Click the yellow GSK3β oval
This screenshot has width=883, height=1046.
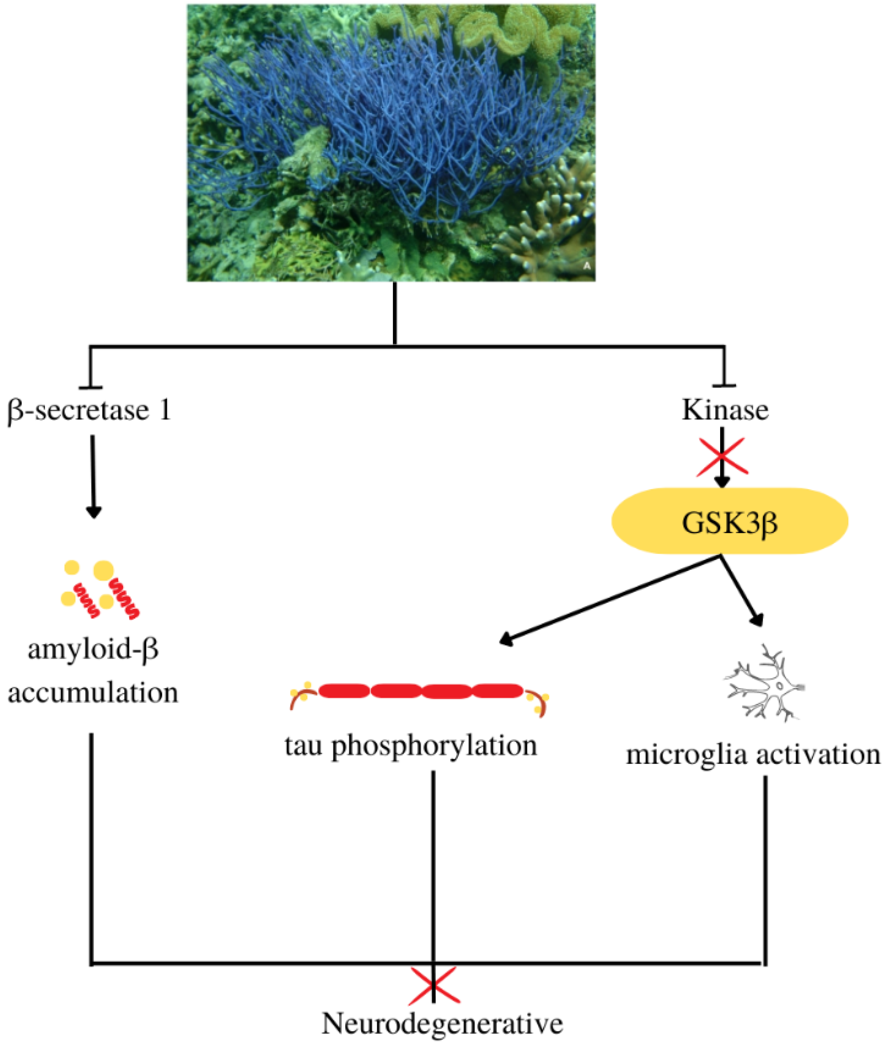[729, 521]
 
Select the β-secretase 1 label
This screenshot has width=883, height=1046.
[89, 410]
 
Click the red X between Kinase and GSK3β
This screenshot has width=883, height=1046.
[721, 456]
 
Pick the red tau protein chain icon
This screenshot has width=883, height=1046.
[420, 691]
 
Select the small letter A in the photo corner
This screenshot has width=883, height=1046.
[587, 266]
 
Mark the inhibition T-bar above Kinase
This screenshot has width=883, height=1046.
[724, 386]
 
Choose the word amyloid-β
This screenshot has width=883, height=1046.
[93, 650]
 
